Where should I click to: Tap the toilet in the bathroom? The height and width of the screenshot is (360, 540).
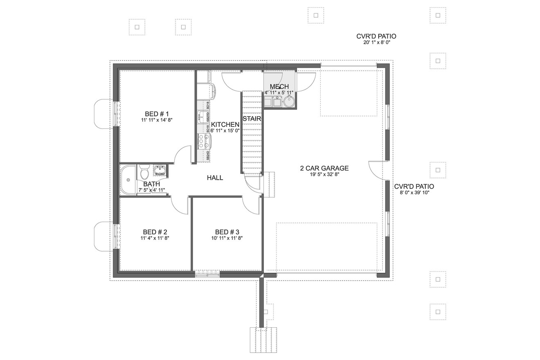pos(144,173)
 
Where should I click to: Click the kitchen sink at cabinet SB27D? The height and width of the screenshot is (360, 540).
pos(202,117)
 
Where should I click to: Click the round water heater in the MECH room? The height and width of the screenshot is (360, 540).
pos(289,102)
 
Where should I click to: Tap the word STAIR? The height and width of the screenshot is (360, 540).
pos(252,119)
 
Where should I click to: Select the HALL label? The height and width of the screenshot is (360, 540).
pos(215,178)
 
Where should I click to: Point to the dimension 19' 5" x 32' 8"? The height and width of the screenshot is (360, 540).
pos(324,174)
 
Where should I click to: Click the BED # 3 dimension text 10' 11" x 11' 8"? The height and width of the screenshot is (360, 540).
pos(227,238)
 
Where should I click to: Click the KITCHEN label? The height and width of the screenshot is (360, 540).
pos(225,124)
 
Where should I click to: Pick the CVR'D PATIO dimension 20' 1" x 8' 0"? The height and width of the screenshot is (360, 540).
pos(376,43)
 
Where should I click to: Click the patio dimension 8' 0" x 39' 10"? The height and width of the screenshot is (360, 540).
pos(414,193)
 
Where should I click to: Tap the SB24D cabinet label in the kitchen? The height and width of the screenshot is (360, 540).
pos(208,155)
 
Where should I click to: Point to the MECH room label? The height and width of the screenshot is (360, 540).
pos(279,87)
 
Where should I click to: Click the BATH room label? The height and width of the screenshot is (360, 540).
pos(151,184)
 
